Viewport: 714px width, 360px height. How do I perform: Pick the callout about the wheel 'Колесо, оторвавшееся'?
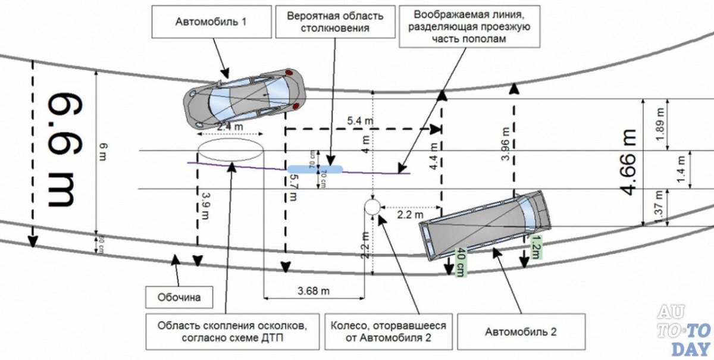click(x=388, y=331)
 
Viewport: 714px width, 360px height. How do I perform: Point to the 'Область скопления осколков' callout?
click(x=232, y=331)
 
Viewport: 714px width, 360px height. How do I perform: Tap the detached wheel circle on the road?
click(x=372, y=207)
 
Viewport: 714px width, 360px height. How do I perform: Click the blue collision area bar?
click(x=315, y=169)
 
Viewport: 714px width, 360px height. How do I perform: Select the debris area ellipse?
click(x=230, y=149)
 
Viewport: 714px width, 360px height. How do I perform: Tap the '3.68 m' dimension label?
click(x=314, y=291)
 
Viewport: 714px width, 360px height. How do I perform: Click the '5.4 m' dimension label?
click(x=361, y=121)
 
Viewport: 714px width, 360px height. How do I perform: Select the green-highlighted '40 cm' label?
click(x=461, y=262)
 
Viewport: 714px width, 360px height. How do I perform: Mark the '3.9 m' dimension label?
click(x=205, y=204)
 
